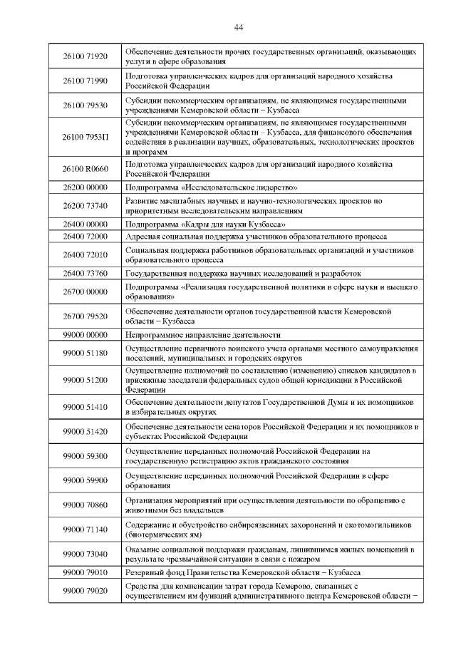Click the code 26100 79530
coord(85,105)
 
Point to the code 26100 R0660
coord(85,168)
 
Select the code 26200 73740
coord(85,206)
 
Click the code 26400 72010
coord(85,254)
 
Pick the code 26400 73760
coord(85,273)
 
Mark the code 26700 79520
coord(85,316)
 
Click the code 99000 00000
coord(85,334)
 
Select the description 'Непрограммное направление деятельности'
coord(202,334)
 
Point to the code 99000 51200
coord(85,380)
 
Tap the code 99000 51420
coord(85,431)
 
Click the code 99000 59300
coord(85,455)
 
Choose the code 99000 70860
coord(85,505)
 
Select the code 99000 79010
coord(85,572)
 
